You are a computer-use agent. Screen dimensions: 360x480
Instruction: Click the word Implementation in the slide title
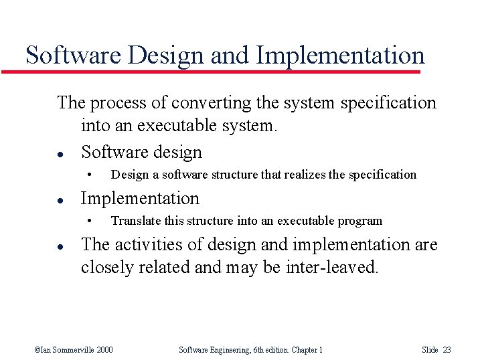(341, 55)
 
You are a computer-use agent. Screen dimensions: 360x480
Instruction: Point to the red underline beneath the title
(221, 71)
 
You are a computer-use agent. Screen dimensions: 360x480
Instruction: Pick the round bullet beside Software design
(60, 153)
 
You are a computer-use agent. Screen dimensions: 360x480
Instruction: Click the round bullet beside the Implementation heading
(60, 199)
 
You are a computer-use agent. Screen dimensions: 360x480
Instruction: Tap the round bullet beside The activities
(60, 246)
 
